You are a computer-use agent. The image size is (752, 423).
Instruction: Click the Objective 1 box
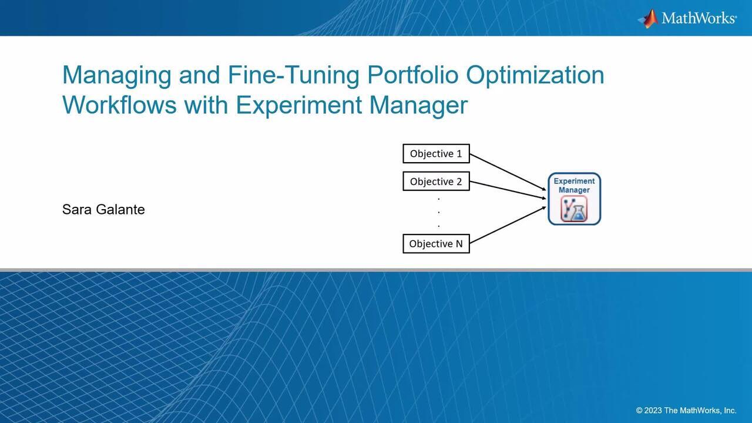pos(436,153)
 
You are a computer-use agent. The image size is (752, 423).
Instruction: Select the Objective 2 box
pos(436,182)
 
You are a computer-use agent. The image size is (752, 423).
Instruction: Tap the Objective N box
pos(436,243)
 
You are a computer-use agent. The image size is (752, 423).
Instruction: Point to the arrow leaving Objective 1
pos(508,172)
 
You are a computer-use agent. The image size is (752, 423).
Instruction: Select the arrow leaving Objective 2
pos(508,190)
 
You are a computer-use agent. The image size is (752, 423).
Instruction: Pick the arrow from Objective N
pos(508,224)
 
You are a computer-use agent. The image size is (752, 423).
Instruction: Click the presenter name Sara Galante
pos(103,210)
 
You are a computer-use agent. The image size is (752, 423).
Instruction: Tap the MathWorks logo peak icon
pos(648,18)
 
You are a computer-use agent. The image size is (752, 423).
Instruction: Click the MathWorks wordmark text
pos(699,18)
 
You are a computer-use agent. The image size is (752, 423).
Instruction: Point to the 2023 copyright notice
pos(686,410)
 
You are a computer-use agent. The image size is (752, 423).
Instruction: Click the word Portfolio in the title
pos(412,75)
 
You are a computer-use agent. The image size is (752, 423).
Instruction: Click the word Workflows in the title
pos(119,105)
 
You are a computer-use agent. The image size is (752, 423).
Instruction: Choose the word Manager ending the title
pos(418,106)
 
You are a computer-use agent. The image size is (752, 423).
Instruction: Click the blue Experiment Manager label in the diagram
pos(574,185)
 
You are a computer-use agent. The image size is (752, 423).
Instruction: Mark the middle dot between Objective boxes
pos(438,213)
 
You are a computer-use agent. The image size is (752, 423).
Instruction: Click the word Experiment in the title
pos(299,106)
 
